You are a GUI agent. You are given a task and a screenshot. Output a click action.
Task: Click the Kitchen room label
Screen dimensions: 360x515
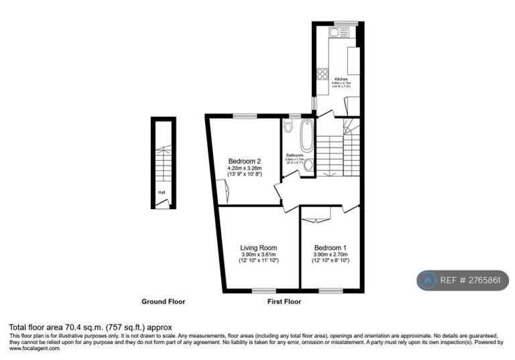341,79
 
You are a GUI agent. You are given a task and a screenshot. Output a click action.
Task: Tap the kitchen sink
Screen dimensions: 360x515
335,32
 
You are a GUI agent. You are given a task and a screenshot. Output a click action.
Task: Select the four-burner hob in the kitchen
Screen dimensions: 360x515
321,73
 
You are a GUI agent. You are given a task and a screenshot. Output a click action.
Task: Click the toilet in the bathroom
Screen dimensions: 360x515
288,127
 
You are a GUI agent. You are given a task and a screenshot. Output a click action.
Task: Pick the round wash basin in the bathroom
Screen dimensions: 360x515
308,165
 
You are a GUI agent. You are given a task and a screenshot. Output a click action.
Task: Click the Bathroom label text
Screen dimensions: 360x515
295,155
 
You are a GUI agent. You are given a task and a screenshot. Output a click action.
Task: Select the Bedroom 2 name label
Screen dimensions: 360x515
244,162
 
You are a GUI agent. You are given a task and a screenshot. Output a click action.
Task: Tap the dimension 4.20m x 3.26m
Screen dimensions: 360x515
244,168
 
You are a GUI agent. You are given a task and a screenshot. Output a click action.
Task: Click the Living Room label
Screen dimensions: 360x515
259,247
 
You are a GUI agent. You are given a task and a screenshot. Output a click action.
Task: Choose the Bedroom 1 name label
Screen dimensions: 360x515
329,247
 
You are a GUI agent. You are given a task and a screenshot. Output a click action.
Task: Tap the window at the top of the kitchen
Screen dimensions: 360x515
343,23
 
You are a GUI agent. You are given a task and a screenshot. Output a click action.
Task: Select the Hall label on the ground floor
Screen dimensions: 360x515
162,192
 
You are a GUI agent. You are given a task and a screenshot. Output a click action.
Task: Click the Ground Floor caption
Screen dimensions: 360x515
163,302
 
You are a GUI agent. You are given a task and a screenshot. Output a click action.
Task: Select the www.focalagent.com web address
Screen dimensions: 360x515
35,349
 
